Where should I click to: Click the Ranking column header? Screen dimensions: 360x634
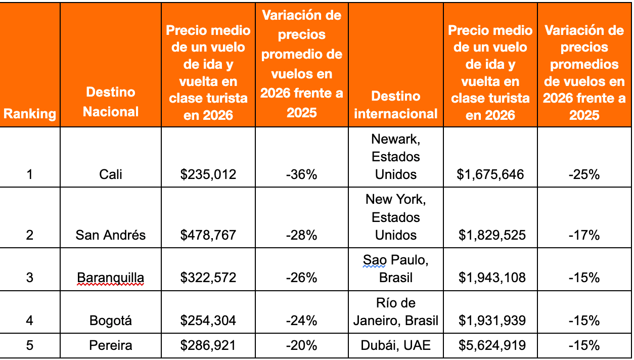[30, 113]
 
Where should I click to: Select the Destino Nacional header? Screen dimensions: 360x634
[111, 102]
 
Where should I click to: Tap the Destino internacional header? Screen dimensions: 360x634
[396, 105]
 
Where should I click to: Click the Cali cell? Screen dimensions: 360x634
[111, 175]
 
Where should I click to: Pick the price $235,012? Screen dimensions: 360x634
[208, 175]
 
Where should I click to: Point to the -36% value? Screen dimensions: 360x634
[301, 175]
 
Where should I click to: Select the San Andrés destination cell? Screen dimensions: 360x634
[111, 235]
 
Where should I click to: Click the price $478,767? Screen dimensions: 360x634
[208, 235]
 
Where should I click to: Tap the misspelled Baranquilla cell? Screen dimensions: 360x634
[111, 278]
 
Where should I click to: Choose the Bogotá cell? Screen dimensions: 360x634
[111, 321]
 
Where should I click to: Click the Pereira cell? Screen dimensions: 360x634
[111, 346]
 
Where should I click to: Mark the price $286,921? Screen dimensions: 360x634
[208, 346]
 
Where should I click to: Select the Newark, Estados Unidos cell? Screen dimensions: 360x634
[396, 157]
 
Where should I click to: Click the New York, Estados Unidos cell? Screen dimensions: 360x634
[396, 217]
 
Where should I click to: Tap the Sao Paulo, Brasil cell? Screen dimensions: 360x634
[396, 269]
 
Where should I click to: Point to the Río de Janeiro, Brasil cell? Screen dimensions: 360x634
[396, 312]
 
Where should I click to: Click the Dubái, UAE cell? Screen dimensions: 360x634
[396, 346]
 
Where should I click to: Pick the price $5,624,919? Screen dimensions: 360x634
[490, 346]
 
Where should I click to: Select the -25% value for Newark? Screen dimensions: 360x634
[584, 175]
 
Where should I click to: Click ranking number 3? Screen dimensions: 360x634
[30, 278]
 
